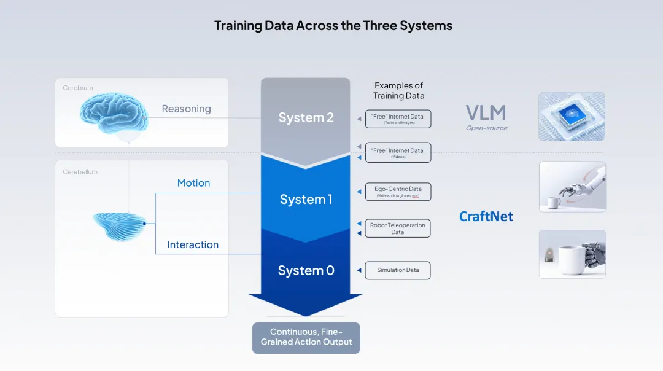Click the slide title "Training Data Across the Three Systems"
333,26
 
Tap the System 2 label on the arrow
306,117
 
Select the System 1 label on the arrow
306,200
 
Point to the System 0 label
306,270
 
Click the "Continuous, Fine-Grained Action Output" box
306,337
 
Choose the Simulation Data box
398,270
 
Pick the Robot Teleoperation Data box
398,228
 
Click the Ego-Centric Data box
398,192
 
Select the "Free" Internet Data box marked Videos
397,152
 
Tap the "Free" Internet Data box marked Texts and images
397,119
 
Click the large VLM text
486,112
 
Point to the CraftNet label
486,216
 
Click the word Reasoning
186,109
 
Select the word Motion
193,183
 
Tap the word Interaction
193,244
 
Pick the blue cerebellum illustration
120,225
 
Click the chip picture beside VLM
572,117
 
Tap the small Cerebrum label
78,88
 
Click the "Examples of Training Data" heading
398,90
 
